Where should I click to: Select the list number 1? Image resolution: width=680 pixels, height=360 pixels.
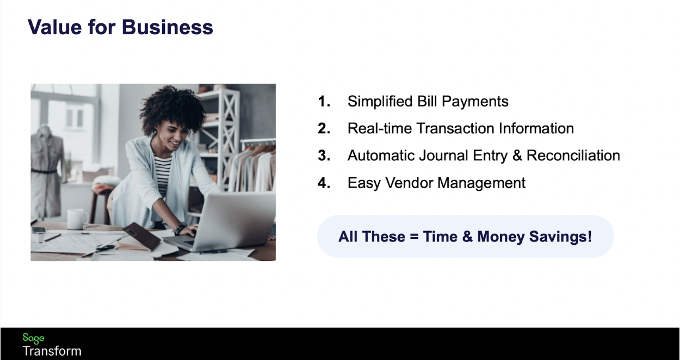click(324, 101)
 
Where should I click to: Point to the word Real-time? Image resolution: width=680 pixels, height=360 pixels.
click(380, 128)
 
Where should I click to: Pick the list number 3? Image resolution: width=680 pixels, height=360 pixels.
click(324, 156)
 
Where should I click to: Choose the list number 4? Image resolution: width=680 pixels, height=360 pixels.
click(324, 183)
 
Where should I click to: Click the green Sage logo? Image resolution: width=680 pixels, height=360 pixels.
click(33, 338)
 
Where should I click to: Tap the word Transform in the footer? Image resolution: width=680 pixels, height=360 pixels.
click(52, 351)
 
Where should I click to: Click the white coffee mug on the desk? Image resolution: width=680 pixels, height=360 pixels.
click(77, 219)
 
